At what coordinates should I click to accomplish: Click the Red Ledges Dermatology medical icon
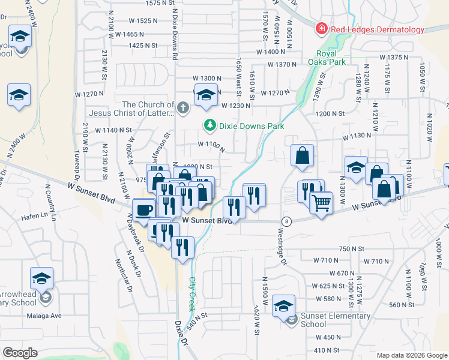(322, 29)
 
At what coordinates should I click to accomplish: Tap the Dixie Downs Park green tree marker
(209, 126)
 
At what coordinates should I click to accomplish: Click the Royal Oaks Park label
(327, 57)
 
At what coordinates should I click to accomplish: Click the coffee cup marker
(144, 211)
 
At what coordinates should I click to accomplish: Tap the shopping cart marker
(322, 203)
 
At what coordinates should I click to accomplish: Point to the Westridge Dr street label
(284, 247)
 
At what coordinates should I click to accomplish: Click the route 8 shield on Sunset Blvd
(286, 221)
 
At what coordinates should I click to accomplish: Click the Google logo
(20, 353)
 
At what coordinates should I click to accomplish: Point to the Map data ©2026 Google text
(411, 355)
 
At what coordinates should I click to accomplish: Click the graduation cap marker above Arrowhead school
(42, 278)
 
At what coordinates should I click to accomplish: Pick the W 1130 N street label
(357, 137)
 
